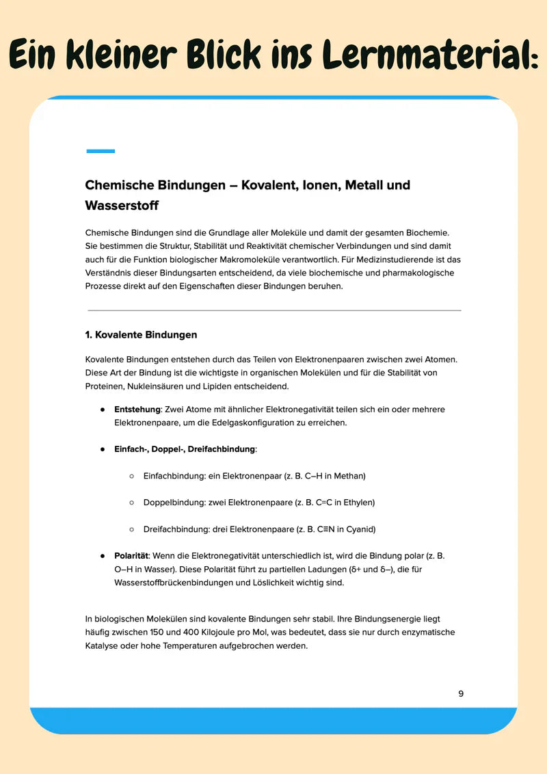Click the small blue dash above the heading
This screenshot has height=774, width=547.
click(x=101, y=151)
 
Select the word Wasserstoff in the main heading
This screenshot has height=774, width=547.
click(x=122, y=205)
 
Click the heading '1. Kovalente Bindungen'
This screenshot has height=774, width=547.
click(x=141, y=335)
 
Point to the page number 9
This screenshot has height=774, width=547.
click(x=461, y=693)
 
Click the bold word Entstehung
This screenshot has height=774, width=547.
click(x=137, y=410)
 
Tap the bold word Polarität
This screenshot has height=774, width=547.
click(x=131, y=556)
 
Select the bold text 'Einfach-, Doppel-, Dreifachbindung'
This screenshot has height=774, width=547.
click(x=185, y=449)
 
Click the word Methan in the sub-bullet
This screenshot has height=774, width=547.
click(x=350, y=476)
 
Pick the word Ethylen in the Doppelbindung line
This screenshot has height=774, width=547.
click(x=360, y=503)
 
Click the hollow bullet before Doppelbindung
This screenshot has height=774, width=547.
click(x=131, y=503)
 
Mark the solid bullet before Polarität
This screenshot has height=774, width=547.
click(x=102, y=556)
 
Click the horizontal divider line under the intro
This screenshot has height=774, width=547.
click(x=274, y=310)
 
